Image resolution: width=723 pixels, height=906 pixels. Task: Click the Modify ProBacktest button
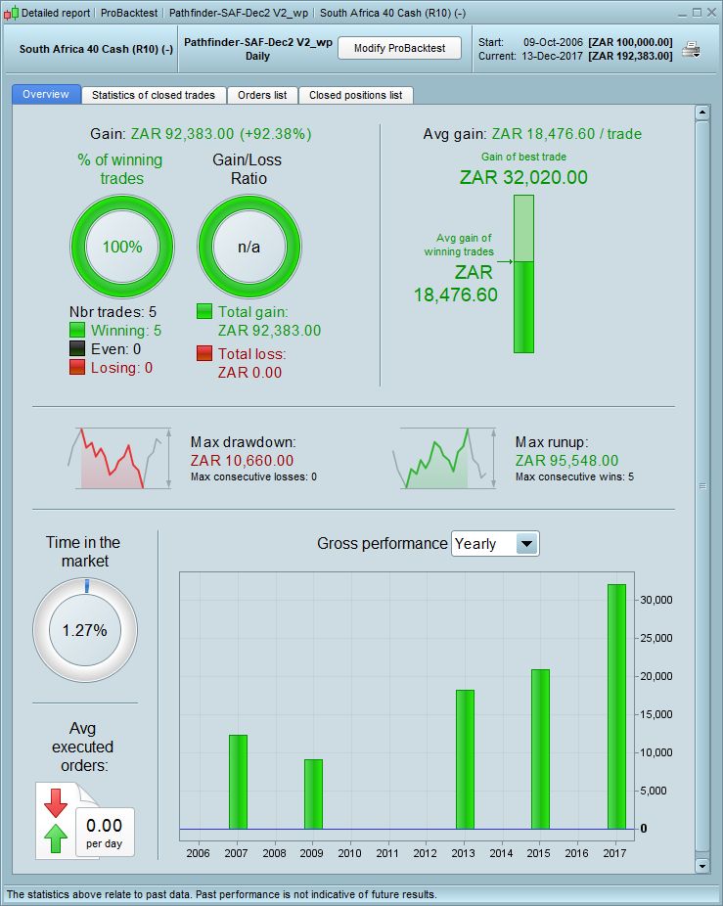[399, 48]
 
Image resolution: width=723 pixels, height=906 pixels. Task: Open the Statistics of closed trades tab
[154, 95]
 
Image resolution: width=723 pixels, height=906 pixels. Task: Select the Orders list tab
[262, 95]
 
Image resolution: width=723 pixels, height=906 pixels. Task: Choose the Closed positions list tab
[355, 95]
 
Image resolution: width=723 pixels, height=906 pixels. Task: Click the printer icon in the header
[692, 50]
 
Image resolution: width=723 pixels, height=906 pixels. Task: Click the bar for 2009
[313, 793]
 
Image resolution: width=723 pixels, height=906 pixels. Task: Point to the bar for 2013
[465, 759]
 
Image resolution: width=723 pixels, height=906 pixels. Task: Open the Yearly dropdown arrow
[526, 544]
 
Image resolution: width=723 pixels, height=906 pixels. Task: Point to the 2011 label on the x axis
[388, 854]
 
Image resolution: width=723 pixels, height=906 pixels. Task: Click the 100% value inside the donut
[122, 248]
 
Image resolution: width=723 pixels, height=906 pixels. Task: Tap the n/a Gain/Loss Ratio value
[249, 248]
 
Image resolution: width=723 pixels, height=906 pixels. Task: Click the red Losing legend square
[77, 368]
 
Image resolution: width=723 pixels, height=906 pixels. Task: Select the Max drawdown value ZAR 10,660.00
[242, 460]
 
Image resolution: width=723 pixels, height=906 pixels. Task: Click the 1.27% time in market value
[85, 630]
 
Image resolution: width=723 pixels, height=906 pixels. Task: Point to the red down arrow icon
[56, 802]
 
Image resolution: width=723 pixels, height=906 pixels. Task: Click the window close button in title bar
[710, 13]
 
